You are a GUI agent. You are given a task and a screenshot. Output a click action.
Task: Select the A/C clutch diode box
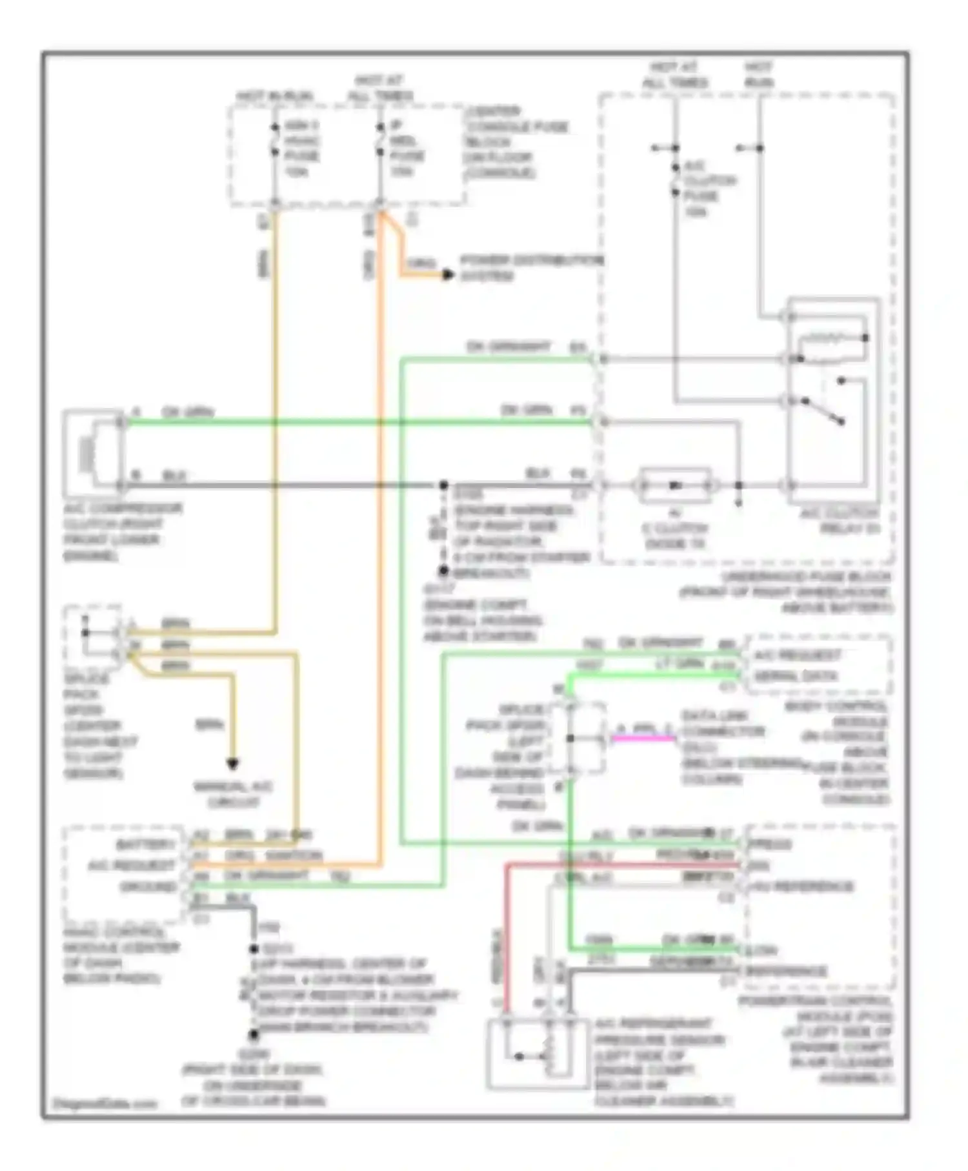pos(674,485)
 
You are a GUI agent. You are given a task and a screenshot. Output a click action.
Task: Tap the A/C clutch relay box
pos(833,400)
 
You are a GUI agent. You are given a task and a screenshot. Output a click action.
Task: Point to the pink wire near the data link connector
pos(643,738)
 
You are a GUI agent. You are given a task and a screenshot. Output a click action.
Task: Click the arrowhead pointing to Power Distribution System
pos(448,275)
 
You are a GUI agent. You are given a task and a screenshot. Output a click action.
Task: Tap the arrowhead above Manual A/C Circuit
pos(232,764)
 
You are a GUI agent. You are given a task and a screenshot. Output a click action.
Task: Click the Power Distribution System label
pos(530,268)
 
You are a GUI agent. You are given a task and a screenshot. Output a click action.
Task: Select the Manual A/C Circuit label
pos(233,795)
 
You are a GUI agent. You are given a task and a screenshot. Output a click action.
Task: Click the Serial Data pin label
pos(796,677)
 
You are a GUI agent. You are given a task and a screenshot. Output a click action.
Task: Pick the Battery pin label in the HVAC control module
pos(145,844)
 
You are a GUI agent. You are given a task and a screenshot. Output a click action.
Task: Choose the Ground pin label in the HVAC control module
pos(148,887)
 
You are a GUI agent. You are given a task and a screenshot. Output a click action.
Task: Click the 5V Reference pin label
pos(800,887)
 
